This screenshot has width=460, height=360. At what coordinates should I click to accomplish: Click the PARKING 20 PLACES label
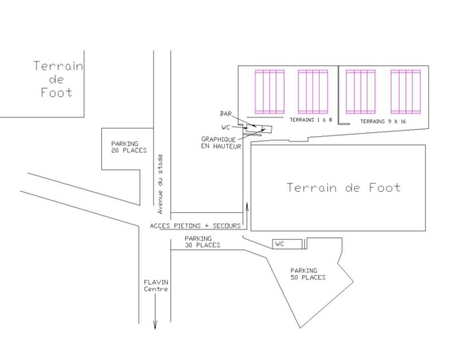(x=129, y=147)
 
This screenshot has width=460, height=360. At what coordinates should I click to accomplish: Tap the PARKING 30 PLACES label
(x=202, y=242)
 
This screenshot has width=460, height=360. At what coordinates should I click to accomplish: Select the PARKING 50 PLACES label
(x=308, y=274)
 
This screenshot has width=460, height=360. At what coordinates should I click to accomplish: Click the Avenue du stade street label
(x=160, y=184)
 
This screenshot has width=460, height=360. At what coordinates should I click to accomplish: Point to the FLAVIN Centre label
(x=156, y=286)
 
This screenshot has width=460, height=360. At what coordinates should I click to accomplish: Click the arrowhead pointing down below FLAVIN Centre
(x=155, y=326)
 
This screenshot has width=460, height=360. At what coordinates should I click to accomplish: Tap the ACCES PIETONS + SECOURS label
(x=195, y=226)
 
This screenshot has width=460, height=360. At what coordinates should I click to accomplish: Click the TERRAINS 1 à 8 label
(x=311, y=120)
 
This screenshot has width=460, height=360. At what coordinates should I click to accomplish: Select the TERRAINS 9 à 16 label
(x=383, y=122)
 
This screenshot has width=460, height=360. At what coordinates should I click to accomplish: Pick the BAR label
(x=226, y=113)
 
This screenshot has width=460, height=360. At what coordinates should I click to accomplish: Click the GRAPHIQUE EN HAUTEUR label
(x=221, y=143)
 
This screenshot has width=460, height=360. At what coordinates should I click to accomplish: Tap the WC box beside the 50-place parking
(x=287, y=244)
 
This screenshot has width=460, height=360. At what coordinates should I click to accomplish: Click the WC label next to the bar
(x=226, y=127)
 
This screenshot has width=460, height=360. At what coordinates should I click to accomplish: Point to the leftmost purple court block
(x=270, y=91)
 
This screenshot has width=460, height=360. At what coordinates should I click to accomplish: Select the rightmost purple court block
(x=405, y=91)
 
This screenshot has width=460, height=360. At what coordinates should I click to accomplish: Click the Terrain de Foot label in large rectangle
(x=343, y=188)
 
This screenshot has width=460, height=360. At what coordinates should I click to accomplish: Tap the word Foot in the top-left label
(x=56, y=92)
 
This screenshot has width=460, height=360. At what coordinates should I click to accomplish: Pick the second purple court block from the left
(x=312, y=91)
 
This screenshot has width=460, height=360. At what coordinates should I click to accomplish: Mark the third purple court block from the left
(x=360, y=91)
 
